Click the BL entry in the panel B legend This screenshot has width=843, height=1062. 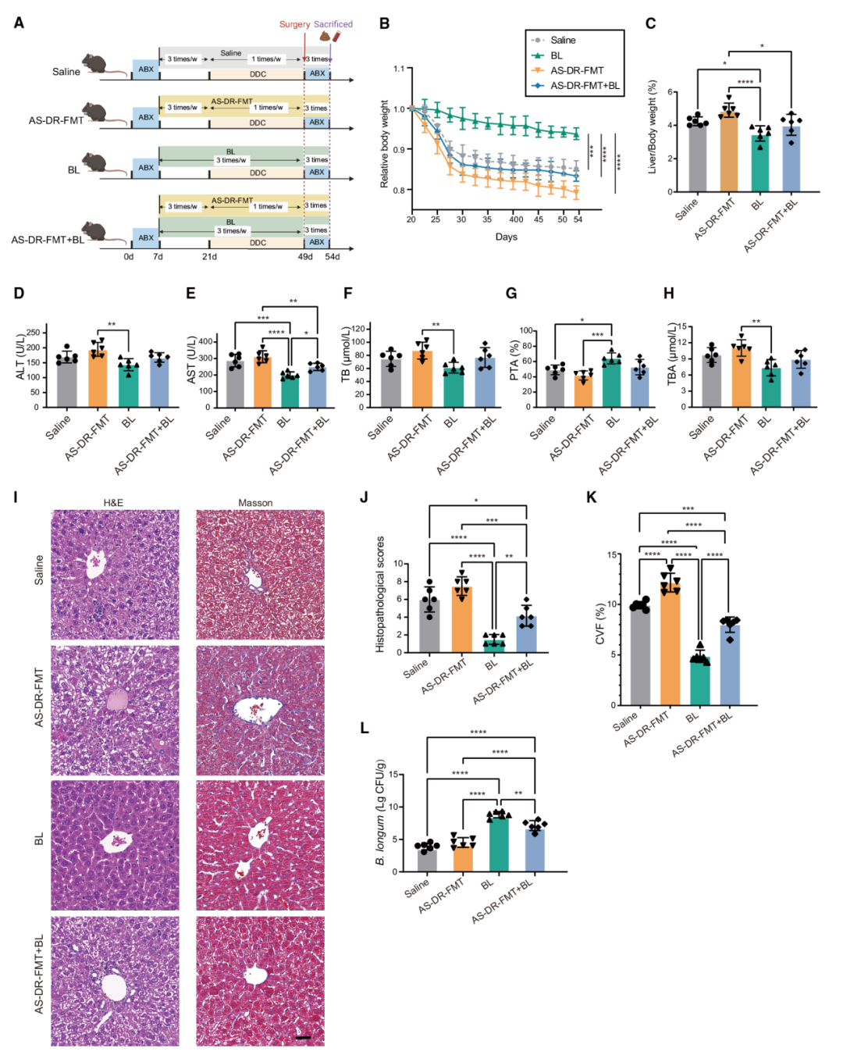tap(556, 55)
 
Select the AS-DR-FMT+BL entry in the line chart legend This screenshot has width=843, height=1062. tap(585, 85)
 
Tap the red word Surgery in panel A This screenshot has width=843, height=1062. tap(294, 24)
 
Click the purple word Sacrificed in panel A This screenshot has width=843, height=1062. tap(333, 24)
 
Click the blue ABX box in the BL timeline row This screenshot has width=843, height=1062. tap(146, 167)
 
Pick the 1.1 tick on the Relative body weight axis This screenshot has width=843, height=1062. tap(399, 69)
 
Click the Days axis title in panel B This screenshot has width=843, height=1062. tap(506, 237)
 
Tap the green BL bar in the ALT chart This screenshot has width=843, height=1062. tap(128, 386)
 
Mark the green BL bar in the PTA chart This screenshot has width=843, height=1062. tap(612, 383)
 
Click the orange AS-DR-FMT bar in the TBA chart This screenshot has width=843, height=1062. tap(741, 378)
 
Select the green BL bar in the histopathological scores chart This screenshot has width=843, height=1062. tap(494, 646)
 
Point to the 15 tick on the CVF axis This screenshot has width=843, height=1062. tap(612, 555)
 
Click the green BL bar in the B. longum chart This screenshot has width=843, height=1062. tap(499, 843)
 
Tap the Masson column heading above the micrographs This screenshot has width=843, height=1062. tap(255, 503)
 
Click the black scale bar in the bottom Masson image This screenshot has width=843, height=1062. tap(304, 1037)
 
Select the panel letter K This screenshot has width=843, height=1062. tap(591, 498)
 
